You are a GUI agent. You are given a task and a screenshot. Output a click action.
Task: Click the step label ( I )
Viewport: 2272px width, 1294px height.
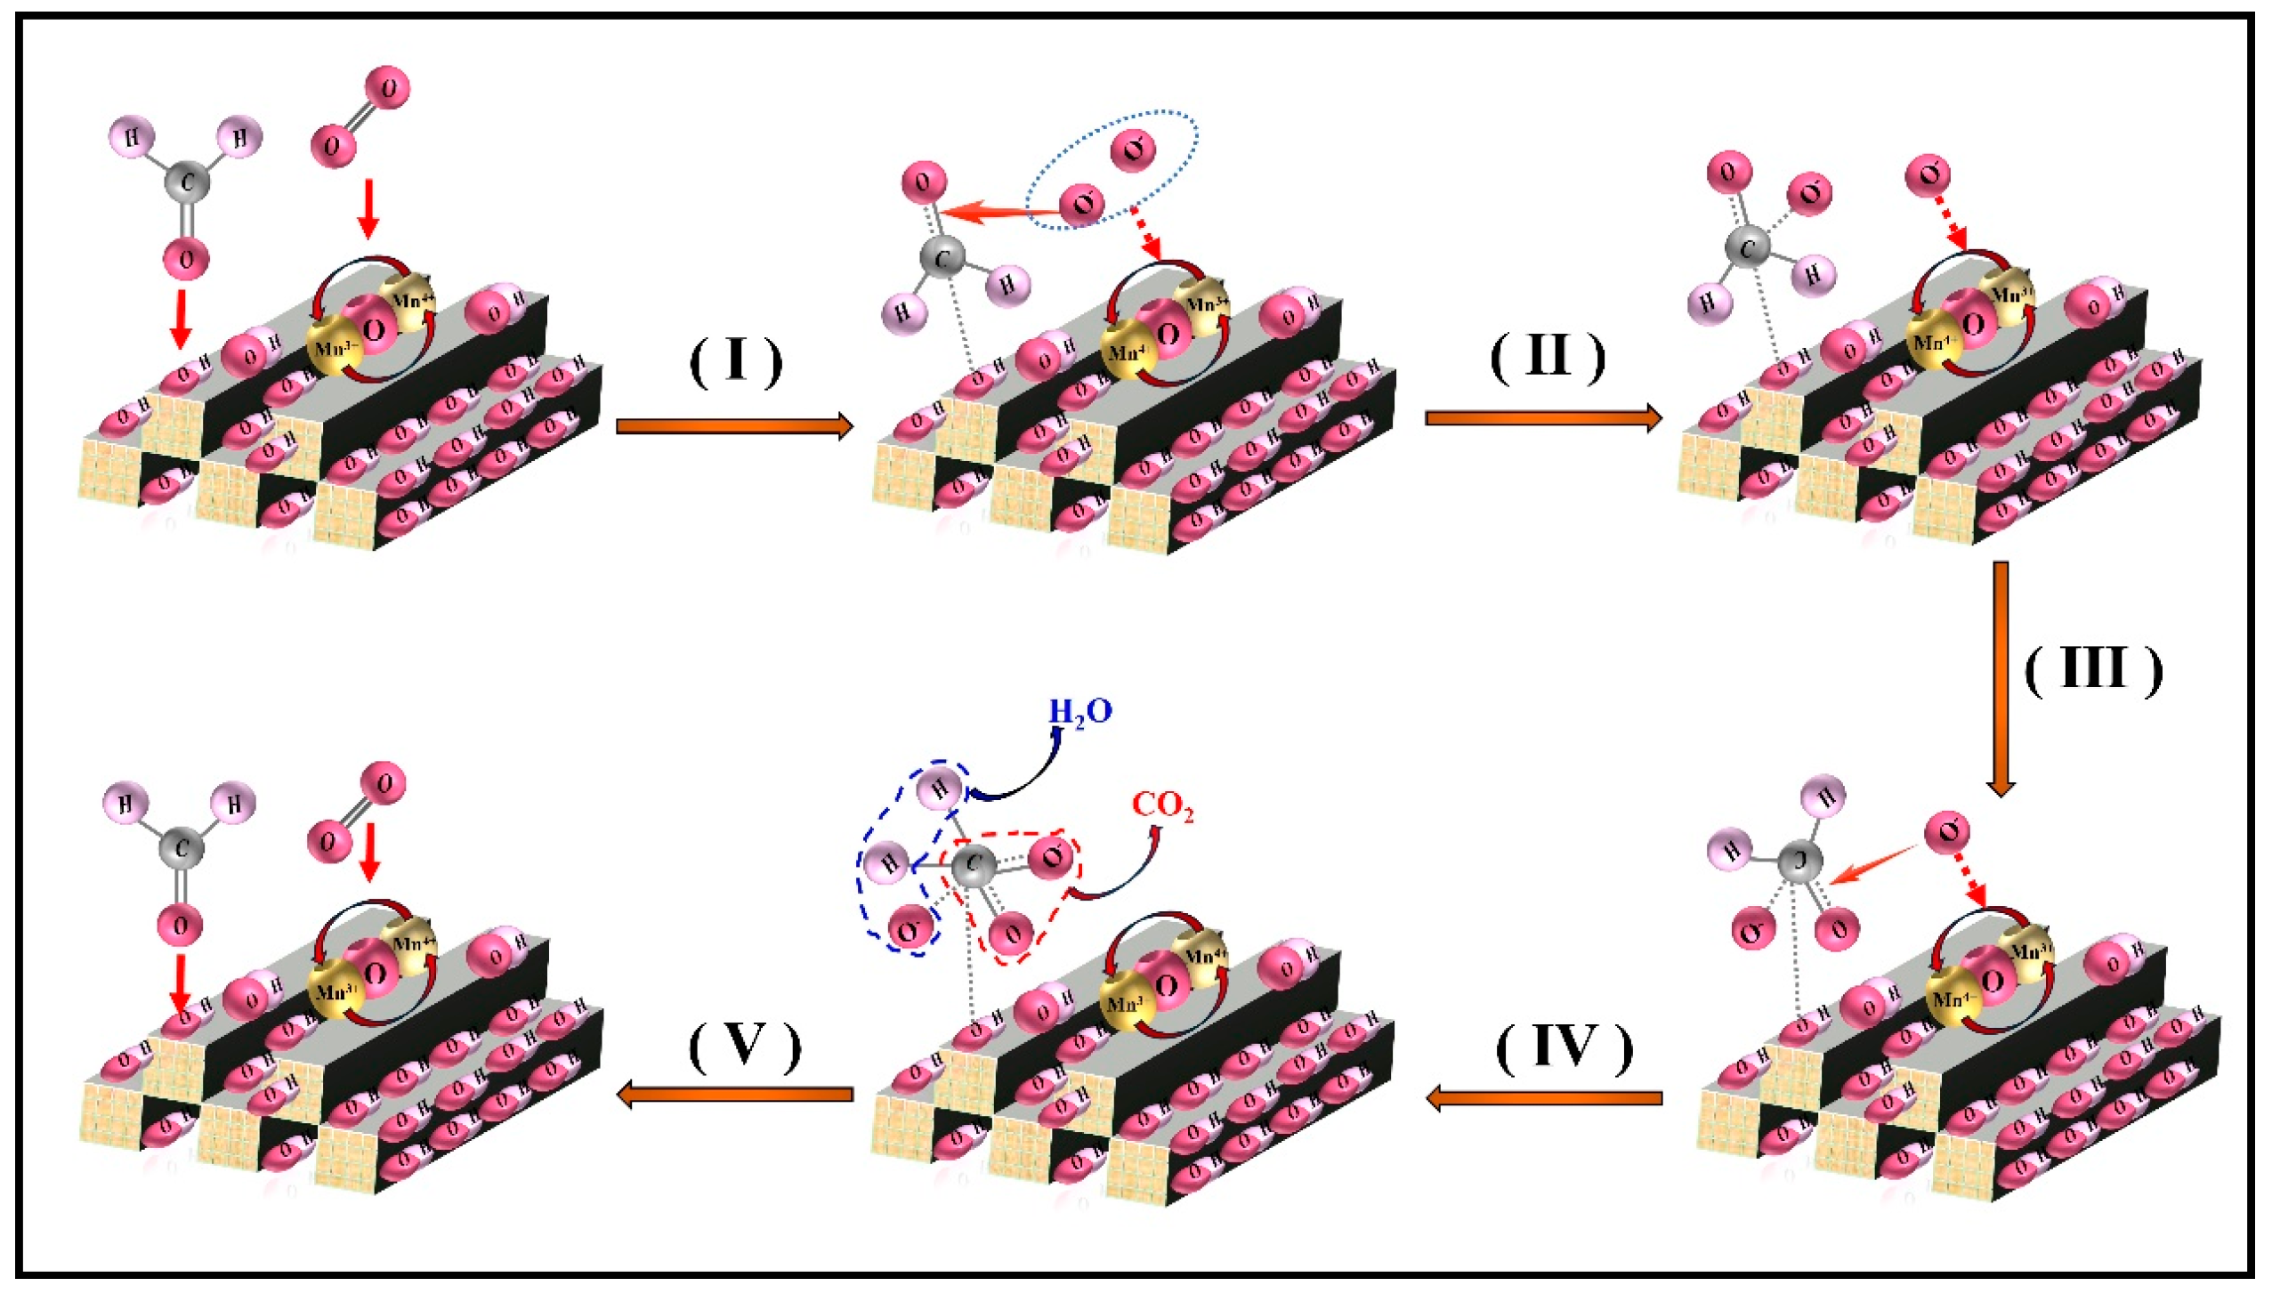(x=735, y=360)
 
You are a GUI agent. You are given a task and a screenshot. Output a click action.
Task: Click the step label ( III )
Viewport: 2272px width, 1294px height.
(x=2093, y=669)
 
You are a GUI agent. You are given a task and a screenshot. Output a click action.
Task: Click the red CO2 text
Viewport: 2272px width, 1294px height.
(x=1162, y=806)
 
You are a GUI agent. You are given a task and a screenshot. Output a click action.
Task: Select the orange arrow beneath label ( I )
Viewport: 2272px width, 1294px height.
(x=734, y=426)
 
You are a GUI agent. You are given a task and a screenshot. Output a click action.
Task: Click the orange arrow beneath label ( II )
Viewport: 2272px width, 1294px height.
(x=1543, y=417)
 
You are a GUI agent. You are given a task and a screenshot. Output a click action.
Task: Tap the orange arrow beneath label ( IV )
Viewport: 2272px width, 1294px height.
(x=1544, y=1097)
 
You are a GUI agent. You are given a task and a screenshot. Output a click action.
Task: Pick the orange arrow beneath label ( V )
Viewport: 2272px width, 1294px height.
(x=734, y=1094)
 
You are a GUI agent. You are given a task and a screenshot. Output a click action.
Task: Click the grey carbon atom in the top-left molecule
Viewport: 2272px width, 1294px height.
(x=187, y=182)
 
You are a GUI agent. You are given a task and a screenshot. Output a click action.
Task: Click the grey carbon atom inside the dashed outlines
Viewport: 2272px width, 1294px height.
(x=974, y=865)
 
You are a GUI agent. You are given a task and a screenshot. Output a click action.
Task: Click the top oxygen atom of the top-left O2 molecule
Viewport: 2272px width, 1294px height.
(x=388, y=88)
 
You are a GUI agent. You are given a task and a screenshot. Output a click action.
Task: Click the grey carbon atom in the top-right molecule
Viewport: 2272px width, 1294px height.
(x=1746, y=247)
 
